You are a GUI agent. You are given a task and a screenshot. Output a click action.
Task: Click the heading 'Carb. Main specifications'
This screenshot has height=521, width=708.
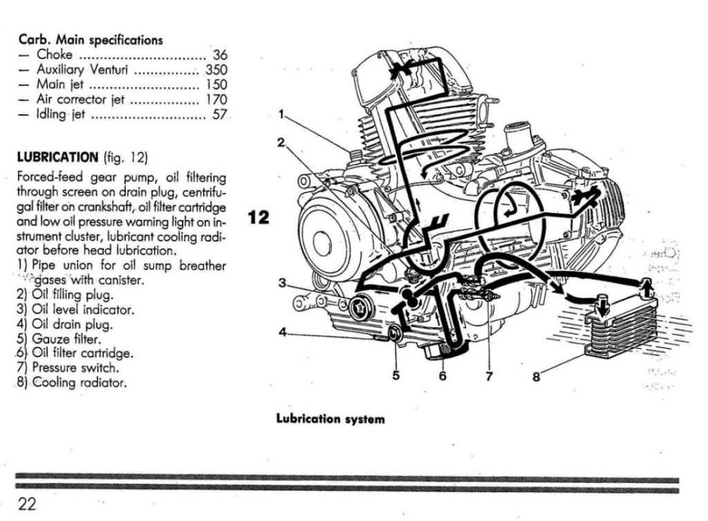point(91,40)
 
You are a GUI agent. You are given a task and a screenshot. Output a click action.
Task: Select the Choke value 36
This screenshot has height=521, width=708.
point(220,55)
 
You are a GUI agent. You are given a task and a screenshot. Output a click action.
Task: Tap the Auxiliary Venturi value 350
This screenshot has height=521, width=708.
point(216,70)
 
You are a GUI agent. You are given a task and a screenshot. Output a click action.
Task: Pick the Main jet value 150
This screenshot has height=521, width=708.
point(216,84)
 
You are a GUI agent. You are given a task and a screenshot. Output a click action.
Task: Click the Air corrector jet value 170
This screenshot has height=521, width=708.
point(216,100)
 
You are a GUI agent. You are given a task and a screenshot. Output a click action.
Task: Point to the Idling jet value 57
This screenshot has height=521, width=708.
point(220,115)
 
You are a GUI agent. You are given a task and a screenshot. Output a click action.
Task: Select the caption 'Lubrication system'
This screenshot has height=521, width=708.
point(330,419)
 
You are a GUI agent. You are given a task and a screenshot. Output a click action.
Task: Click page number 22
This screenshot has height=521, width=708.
point(28,504)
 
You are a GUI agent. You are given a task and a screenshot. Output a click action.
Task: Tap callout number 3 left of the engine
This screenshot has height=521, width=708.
point(282,282)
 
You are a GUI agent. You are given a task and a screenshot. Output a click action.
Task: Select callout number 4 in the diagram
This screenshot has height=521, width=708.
point(282,331)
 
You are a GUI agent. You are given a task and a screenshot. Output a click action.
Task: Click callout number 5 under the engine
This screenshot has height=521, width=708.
point(396,376)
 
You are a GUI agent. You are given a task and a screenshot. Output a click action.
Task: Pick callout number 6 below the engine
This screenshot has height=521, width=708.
point(442,376)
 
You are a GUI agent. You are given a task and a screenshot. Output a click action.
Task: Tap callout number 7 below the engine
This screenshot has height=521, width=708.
point(489,376)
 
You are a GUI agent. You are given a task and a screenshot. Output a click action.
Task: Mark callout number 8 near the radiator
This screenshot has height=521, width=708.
point(536,376)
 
